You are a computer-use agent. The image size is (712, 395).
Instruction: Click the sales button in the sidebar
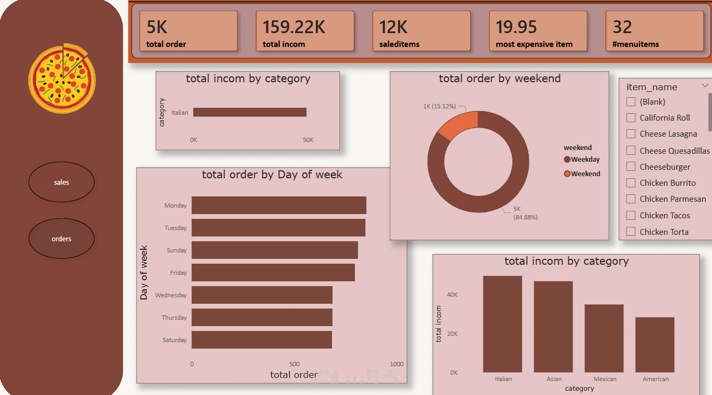click(61, 183)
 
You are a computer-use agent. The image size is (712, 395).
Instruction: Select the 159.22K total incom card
click(305, 31)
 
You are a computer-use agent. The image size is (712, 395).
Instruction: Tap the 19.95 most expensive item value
click(516, 27)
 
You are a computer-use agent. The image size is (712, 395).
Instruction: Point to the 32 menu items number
click(622, 27)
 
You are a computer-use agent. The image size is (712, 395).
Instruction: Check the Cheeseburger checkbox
click(631, 167)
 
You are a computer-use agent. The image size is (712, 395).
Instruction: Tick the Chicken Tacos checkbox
click(631, 215)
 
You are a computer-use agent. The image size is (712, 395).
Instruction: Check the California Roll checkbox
click(631, 117)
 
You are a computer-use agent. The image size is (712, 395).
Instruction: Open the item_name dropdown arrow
click(705, 85)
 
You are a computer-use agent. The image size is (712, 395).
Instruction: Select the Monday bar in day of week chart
click(279, 206)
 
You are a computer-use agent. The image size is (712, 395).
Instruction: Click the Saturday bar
click(262, 340)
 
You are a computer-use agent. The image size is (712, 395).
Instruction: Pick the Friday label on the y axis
click(178, 273)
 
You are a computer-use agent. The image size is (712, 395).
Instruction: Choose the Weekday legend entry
click(582, 160)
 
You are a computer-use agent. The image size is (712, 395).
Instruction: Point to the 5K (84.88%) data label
click(525, 214)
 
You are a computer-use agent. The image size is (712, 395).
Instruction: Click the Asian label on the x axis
click(554, 379)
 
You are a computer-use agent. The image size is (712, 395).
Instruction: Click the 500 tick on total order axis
click(295, 364)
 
